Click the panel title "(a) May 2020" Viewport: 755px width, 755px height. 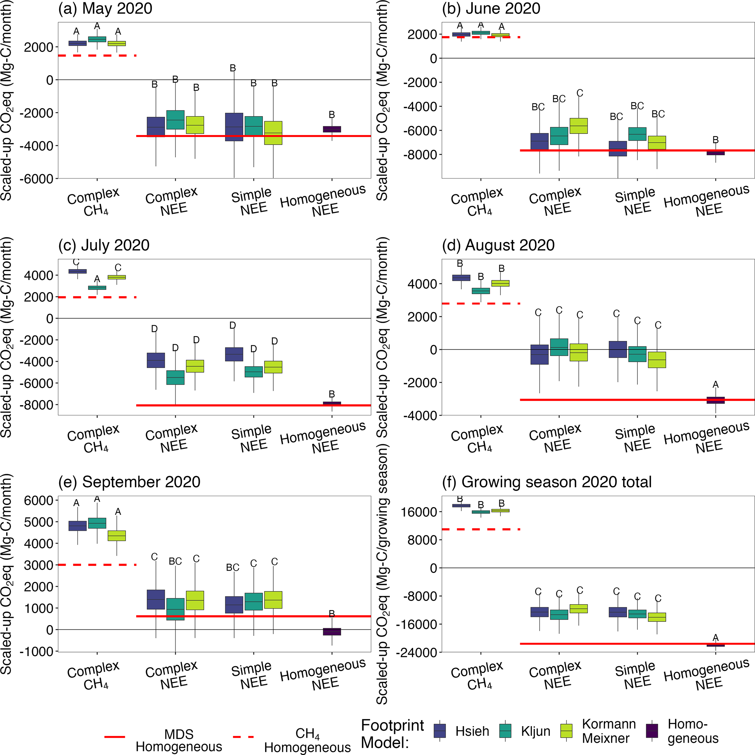[x=105, y=9]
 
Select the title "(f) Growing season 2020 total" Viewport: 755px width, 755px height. [x=546, y=482]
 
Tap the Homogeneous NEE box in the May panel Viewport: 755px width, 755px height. [x=332, y=129]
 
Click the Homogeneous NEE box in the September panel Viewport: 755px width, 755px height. [x=332, y=632]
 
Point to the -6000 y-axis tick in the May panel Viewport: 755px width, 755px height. [x=39, y=179]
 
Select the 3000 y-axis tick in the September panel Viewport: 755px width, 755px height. [x=39, y=565]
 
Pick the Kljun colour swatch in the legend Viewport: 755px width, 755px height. [x=506, y=731]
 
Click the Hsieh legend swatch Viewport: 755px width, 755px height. [x=440, y=731]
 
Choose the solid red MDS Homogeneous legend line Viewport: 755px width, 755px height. [x=115, y=737]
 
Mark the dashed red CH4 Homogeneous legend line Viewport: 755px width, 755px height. [x=243, y=737]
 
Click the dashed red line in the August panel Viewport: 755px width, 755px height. [x=481, y=304]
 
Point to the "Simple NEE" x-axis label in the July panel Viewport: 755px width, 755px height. [x=252, y=438]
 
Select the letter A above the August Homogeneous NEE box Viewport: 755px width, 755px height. [x=716, y=384]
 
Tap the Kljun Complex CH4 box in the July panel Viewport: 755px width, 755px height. [x=97, y=288]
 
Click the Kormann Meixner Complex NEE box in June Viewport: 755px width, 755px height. [x=578, y=126]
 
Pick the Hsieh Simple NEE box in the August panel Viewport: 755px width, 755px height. [x=618, y=349]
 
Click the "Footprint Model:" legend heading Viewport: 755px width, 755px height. [x=392, y=734]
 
